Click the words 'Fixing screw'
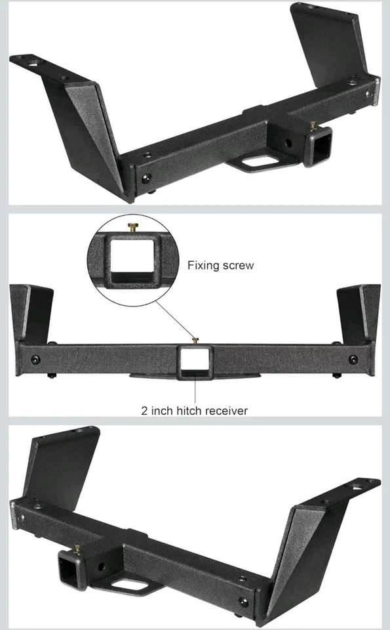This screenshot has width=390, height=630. point(220,266)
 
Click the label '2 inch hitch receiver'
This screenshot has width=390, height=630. point(195,411)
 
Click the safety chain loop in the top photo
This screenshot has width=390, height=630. point(258,161)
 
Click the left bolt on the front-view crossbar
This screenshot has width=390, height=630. point(35,359)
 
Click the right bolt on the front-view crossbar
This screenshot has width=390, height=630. point(353,359)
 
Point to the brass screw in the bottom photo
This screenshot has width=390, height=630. point(77,548)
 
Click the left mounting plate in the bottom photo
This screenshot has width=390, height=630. point(62,469)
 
